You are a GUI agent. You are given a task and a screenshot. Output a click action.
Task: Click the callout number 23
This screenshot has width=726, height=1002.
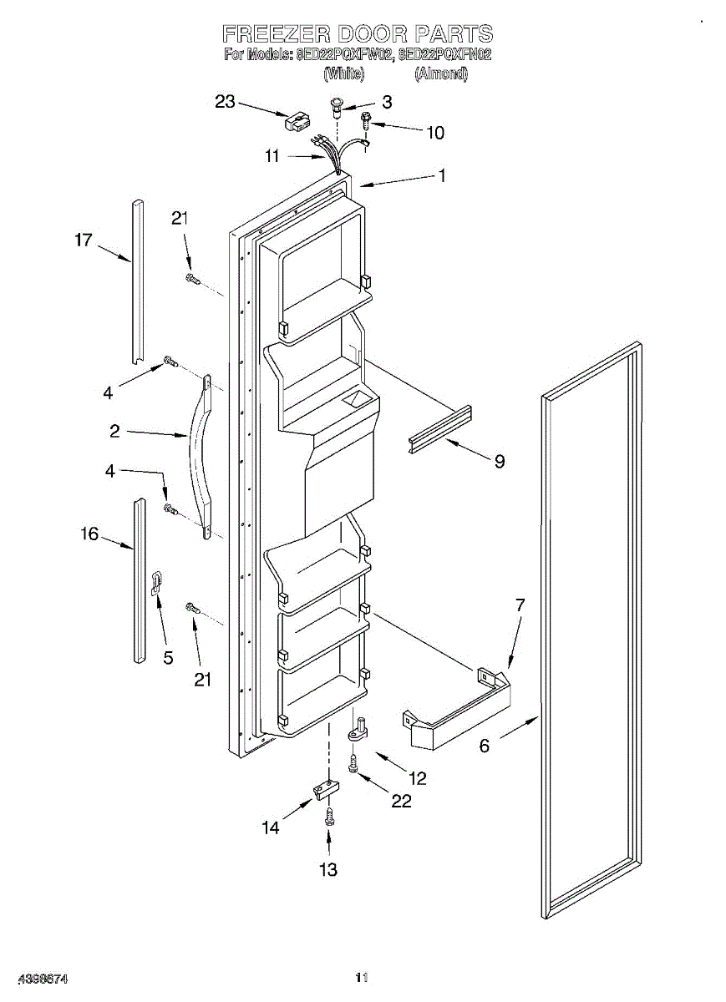226,101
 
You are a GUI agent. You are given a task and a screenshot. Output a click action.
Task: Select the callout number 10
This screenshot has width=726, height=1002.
435,132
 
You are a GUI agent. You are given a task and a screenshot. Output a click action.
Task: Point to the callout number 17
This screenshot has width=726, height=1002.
83,240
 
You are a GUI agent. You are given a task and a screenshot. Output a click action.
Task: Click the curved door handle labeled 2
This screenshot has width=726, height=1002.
201,455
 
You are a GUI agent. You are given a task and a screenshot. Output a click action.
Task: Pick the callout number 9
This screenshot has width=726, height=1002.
499,460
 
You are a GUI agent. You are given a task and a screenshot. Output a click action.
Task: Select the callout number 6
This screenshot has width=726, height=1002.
485,746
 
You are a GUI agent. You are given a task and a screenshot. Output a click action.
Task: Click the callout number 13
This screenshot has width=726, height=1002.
328,869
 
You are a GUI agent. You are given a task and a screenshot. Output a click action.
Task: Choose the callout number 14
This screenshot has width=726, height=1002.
271,827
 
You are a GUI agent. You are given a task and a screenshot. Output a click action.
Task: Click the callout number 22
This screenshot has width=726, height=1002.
402,800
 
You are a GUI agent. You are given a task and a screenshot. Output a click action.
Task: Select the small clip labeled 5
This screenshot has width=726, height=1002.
156,583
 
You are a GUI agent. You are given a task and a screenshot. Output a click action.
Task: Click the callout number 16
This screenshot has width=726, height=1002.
89,534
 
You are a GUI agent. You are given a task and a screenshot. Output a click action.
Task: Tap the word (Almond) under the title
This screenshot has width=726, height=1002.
441,73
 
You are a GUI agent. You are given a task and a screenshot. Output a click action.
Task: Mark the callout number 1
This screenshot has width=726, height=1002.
442,175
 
